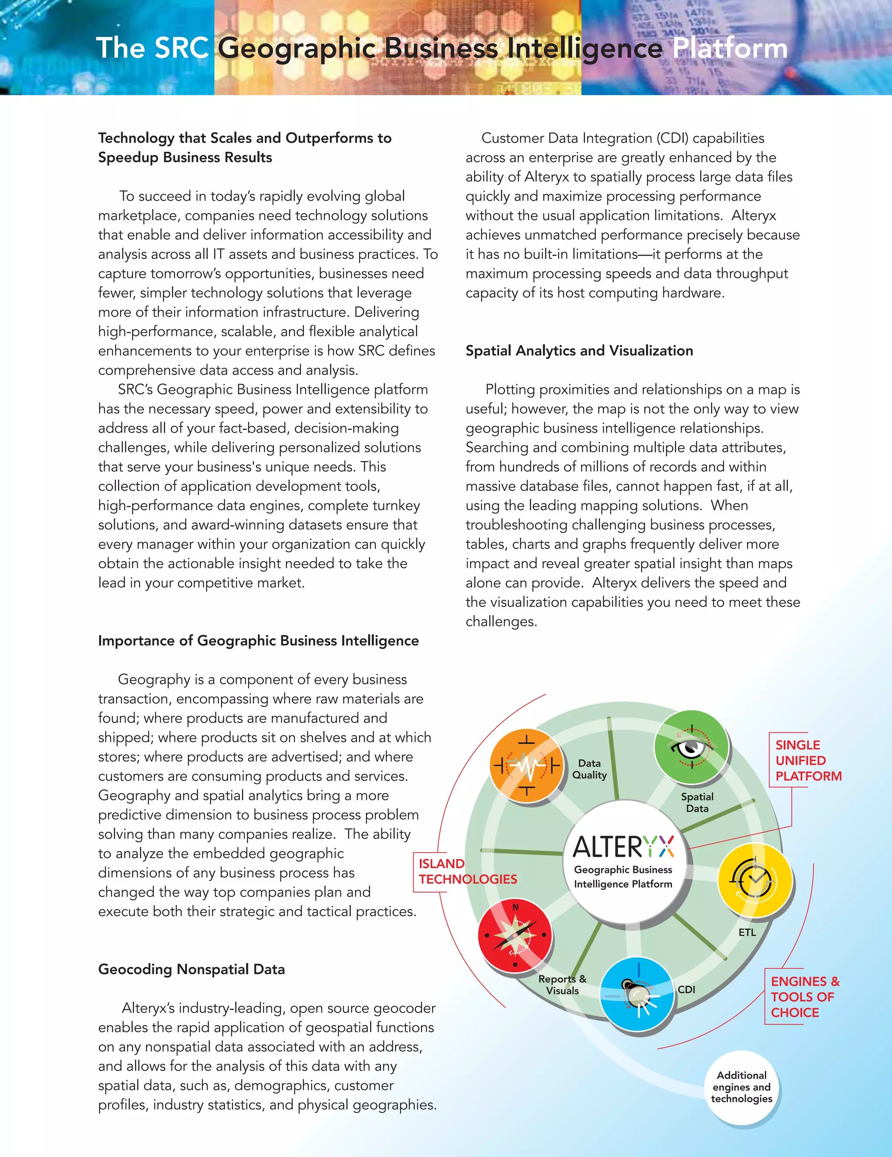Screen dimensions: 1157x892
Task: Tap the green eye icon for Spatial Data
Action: coord(691,747)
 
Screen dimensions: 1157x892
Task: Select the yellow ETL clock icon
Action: coord(755,880)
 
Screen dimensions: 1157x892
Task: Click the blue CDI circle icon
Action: coord(638,995)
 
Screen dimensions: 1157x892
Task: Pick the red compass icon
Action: coord(515,936)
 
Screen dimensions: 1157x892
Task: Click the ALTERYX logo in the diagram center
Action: coord(623,846)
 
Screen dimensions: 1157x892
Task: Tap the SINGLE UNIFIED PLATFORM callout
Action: coord(808,760)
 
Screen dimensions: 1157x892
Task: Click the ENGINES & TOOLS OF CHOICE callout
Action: coord(804,997)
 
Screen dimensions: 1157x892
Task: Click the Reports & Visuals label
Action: coord(562,984)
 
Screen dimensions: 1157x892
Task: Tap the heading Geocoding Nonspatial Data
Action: coord(191,969)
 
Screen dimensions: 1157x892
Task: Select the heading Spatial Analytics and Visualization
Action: coord(579,351)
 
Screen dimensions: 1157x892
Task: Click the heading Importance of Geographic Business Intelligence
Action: coord(258,640)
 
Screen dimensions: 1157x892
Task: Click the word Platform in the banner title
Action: coord(730,48)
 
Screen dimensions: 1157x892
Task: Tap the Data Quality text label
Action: coord(589,769)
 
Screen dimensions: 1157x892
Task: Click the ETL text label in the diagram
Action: coord(747,932)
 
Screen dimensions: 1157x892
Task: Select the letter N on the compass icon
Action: coord(515,907)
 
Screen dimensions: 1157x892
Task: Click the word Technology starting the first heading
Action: coord(136,138)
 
